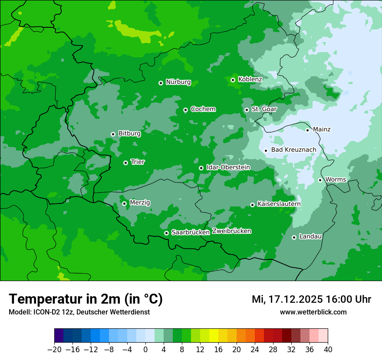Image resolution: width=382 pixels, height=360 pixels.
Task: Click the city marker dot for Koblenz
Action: coord(233,80)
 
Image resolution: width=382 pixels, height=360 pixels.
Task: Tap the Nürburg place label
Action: coord(178,82)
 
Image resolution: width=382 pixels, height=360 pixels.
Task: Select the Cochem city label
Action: coord(203,109)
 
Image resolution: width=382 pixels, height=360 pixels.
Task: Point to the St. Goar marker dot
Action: coord(247,110)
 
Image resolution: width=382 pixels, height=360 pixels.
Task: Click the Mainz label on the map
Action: coord(322,129)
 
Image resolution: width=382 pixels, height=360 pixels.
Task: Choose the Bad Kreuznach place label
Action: coord(293,150)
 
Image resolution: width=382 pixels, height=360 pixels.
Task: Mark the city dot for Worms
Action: coord(320,180)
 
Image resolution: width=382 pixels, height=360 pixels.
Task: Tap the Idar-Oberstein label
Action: coord(228,167)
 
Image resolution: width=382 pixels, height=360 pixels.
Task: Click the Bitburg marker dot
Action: coord(113,134)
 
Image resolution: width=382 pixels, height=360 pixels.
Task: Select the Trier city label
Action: coord(138,162)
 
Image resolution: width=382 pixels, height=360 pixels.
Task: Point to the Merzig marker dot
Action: coord(124,203)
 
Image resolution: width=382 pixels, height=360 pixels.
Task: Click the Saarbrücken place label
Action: coord(191,232)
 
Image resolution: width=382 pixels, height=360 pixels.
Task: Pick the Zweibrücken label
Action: coord(231,231)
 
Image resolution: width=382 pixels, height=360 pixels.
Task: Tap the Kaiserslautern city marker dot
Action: coord(252,205)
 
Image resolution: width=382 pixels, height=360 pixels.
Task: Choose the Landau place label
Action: coord(310,236)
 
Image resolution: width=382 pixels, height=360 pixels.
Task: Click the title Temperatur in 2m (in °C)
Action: coord(86,299)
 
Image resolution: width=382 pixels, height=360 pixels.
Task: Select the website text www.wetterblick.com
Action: coord(313,312)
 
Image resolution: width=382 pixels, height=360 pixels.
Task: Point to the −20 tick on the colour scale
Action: coord(54,350)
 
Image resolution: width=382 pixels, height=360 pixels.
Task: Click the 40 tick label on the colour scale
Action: coord(328,350)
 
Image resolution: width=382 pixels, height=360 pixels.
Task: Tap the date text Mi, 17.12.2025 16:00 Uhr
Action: coord(311,299)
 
